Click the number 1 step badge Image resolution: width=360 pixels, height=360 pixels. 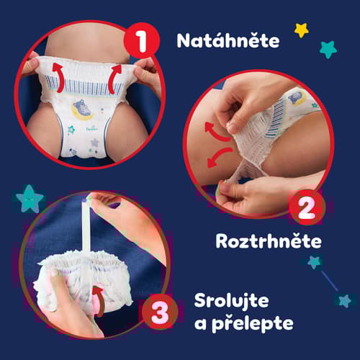pos(142,40)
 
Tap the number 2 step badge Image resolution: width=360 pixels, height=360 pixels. pos(306,207)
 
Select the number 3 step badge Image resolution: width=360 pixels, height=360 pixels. pos(159,312)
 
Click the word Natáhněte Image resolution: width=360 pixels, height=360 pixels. pos(228,40)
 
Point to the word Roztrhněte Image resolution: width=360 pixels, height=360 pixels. pos(269,240)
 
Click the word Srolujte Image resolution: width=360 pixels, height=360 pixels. pos(231,301)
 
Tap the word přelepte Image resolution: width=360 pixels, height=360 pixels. pos(253,324)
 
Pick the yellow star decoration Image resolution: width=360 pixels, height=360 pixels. pos(302,30)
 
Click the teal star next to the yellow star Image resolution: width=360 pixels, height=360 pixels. pos(328,50)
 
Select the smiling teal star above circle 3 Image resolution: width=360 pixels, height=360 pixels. pos(30,199)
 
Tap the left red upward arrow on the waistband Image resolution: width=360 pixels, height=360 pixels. pos(59,77)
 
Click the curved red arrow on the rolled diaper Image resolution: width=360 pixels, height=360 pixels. pos(99,300)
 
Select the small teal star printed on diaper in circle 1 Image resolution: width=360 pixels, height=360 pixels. pos(71,130)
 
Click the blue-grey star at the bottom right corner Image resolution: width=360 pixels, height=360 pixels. pos(345,301)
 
